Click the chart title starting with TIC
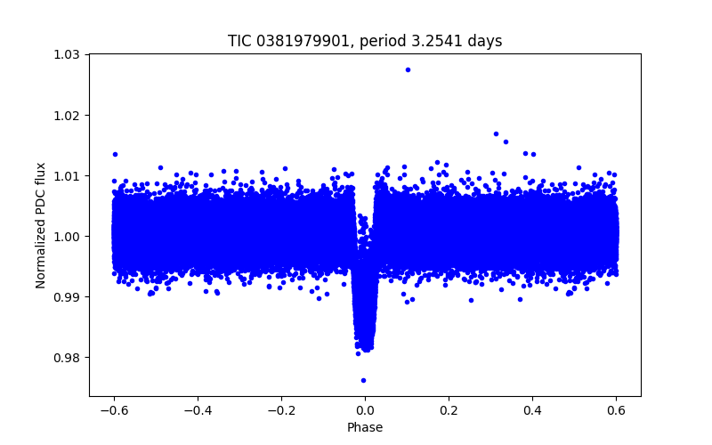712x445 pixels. coord(365,41)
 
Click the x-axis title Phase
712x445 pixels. coord(365,427)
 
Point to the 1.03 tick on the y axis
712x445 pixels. coord(66,55)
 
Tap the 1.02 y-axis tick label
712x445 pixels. coord(66,116)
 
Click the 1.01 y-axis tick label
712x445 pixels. coord(66,176)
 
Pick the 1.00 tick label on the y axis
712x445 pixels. coord(66,237)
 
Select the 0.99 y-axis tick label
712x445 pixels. coord(66,297)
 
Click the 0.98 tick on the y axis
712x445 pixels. coord(66,358)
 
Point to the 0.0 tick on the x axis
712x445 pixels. coord(365,410)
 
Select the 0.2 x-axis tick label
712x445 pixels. coord(449,410)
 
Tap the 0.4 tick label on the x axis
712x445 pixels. coord(532,410)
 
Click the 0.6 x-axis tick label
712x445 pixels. coord(616,410)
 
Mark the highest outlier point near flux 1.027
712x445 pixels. coord(408,69)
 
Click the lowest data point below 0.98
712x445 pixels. coord(363,380)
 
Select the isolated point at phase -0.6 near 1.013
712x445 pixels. coord(115,154)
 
